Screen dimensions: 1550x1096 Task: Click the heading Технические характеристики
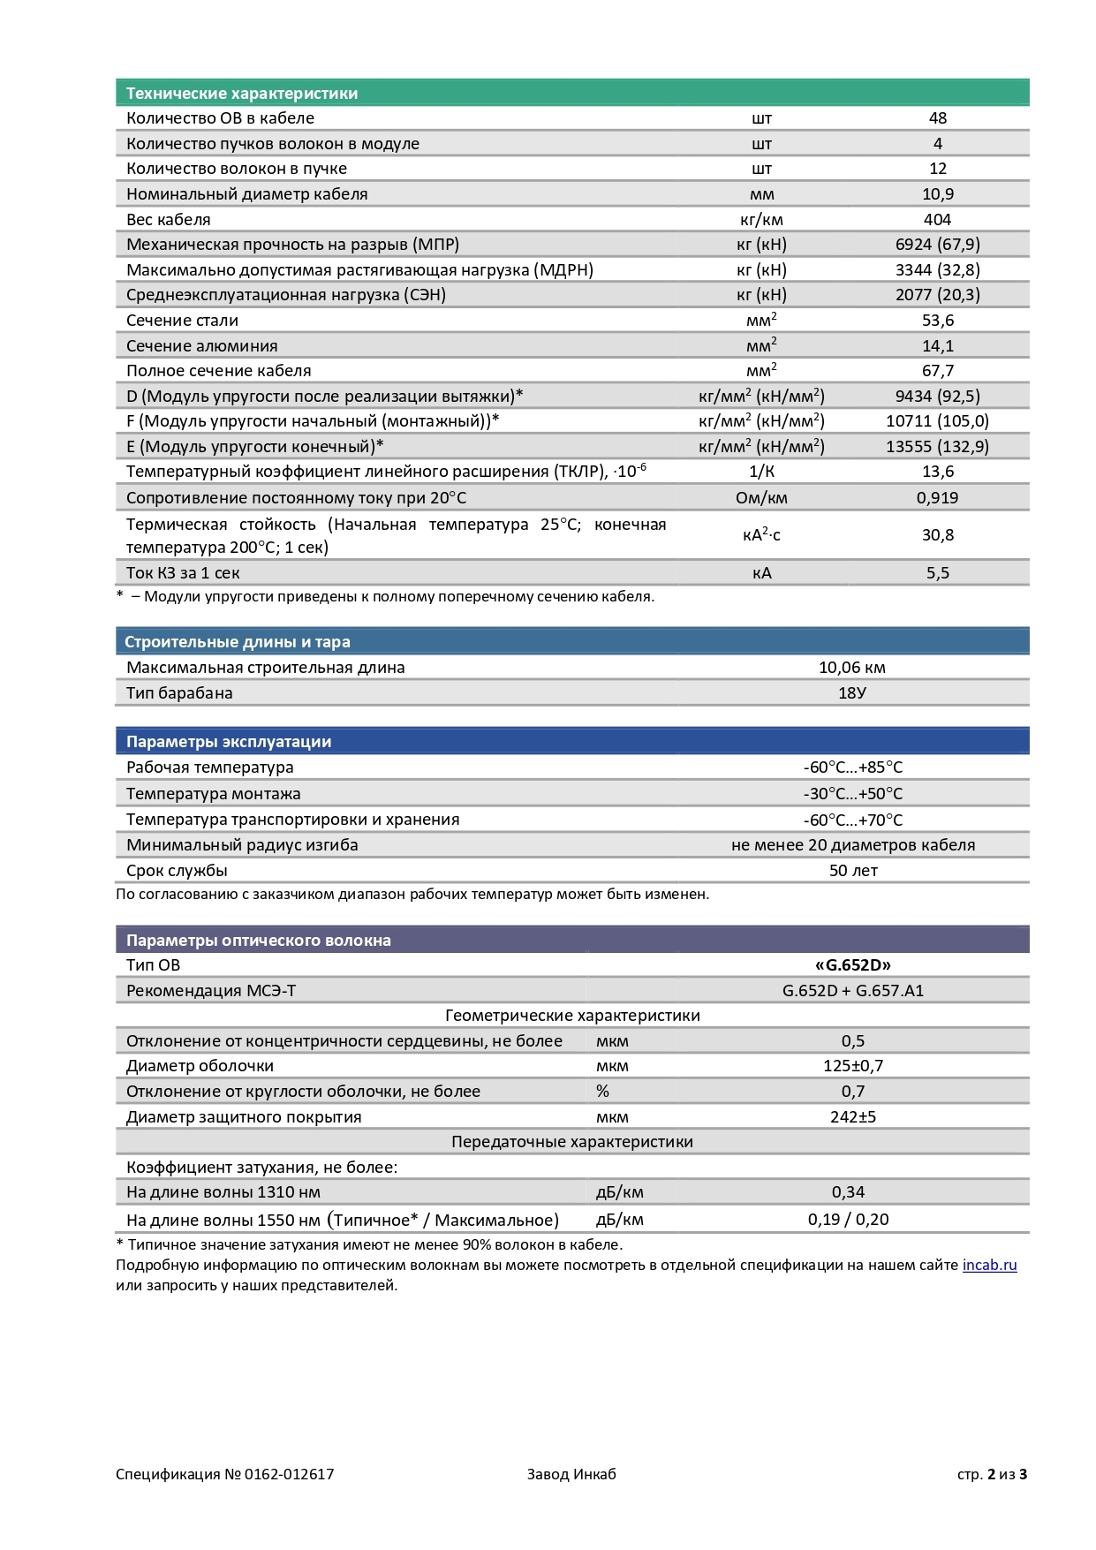(241, 94)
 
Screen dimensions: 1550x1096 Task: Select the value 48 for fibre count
(937, 118)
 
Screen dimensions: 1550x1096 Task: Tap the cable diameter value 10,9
(937, 194)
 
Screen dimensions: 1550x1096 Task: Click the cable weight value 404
(937, 220)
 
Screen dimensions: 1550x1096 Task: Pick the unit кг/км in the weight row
(761, 220)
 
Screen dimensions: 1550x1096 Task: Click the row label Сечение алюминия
(201, 346)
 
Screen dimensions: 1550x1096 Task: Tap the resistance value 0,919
(937, 498)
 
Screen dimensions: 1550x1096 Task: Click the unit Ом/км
(761, 498)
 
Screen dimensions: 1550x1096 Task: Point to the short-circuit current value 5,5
(937, 573)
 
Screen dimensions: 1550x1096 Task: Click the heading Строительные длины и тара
(237, 642)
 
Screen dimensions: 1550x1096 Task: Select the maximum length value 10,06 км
(851, 668)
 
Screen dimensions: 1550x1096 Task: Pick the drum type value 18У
(851, 693)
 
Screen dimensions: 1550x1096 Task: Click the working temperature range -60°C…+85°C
(852, 767)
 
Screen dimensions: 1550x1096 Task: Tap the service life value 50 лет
(852, 871)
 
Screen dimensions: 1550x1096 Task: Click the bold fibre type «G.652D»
(852, 965)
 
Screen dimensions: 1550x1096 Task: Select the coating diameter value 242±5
(852, 1117)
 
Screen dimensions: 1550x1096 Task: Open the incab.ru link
(989, 1266)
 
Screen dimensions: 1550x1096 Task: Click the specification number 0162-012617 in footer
(289, 1474)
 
